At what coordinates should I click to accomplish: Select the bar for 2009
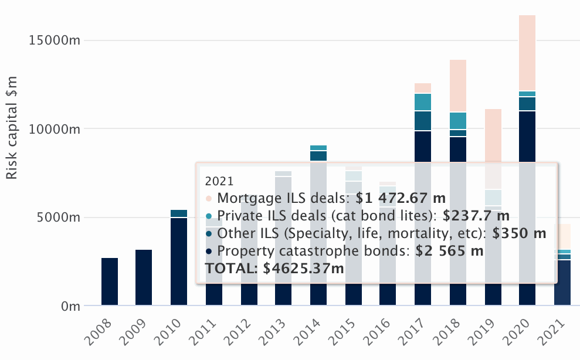click(144, 277)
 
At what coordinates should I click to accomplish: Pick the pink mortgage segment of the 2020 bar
click(527, 53)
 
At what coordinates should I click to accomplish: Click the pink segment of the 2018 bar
click(458, 86)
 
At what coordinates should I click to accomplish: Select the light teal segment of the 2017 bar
click(423, 102)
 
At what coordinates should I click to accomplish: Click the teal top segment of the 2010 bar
click(179, 213)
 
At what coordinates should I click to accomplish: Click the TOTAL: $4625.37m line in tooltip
click(274, 269)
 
